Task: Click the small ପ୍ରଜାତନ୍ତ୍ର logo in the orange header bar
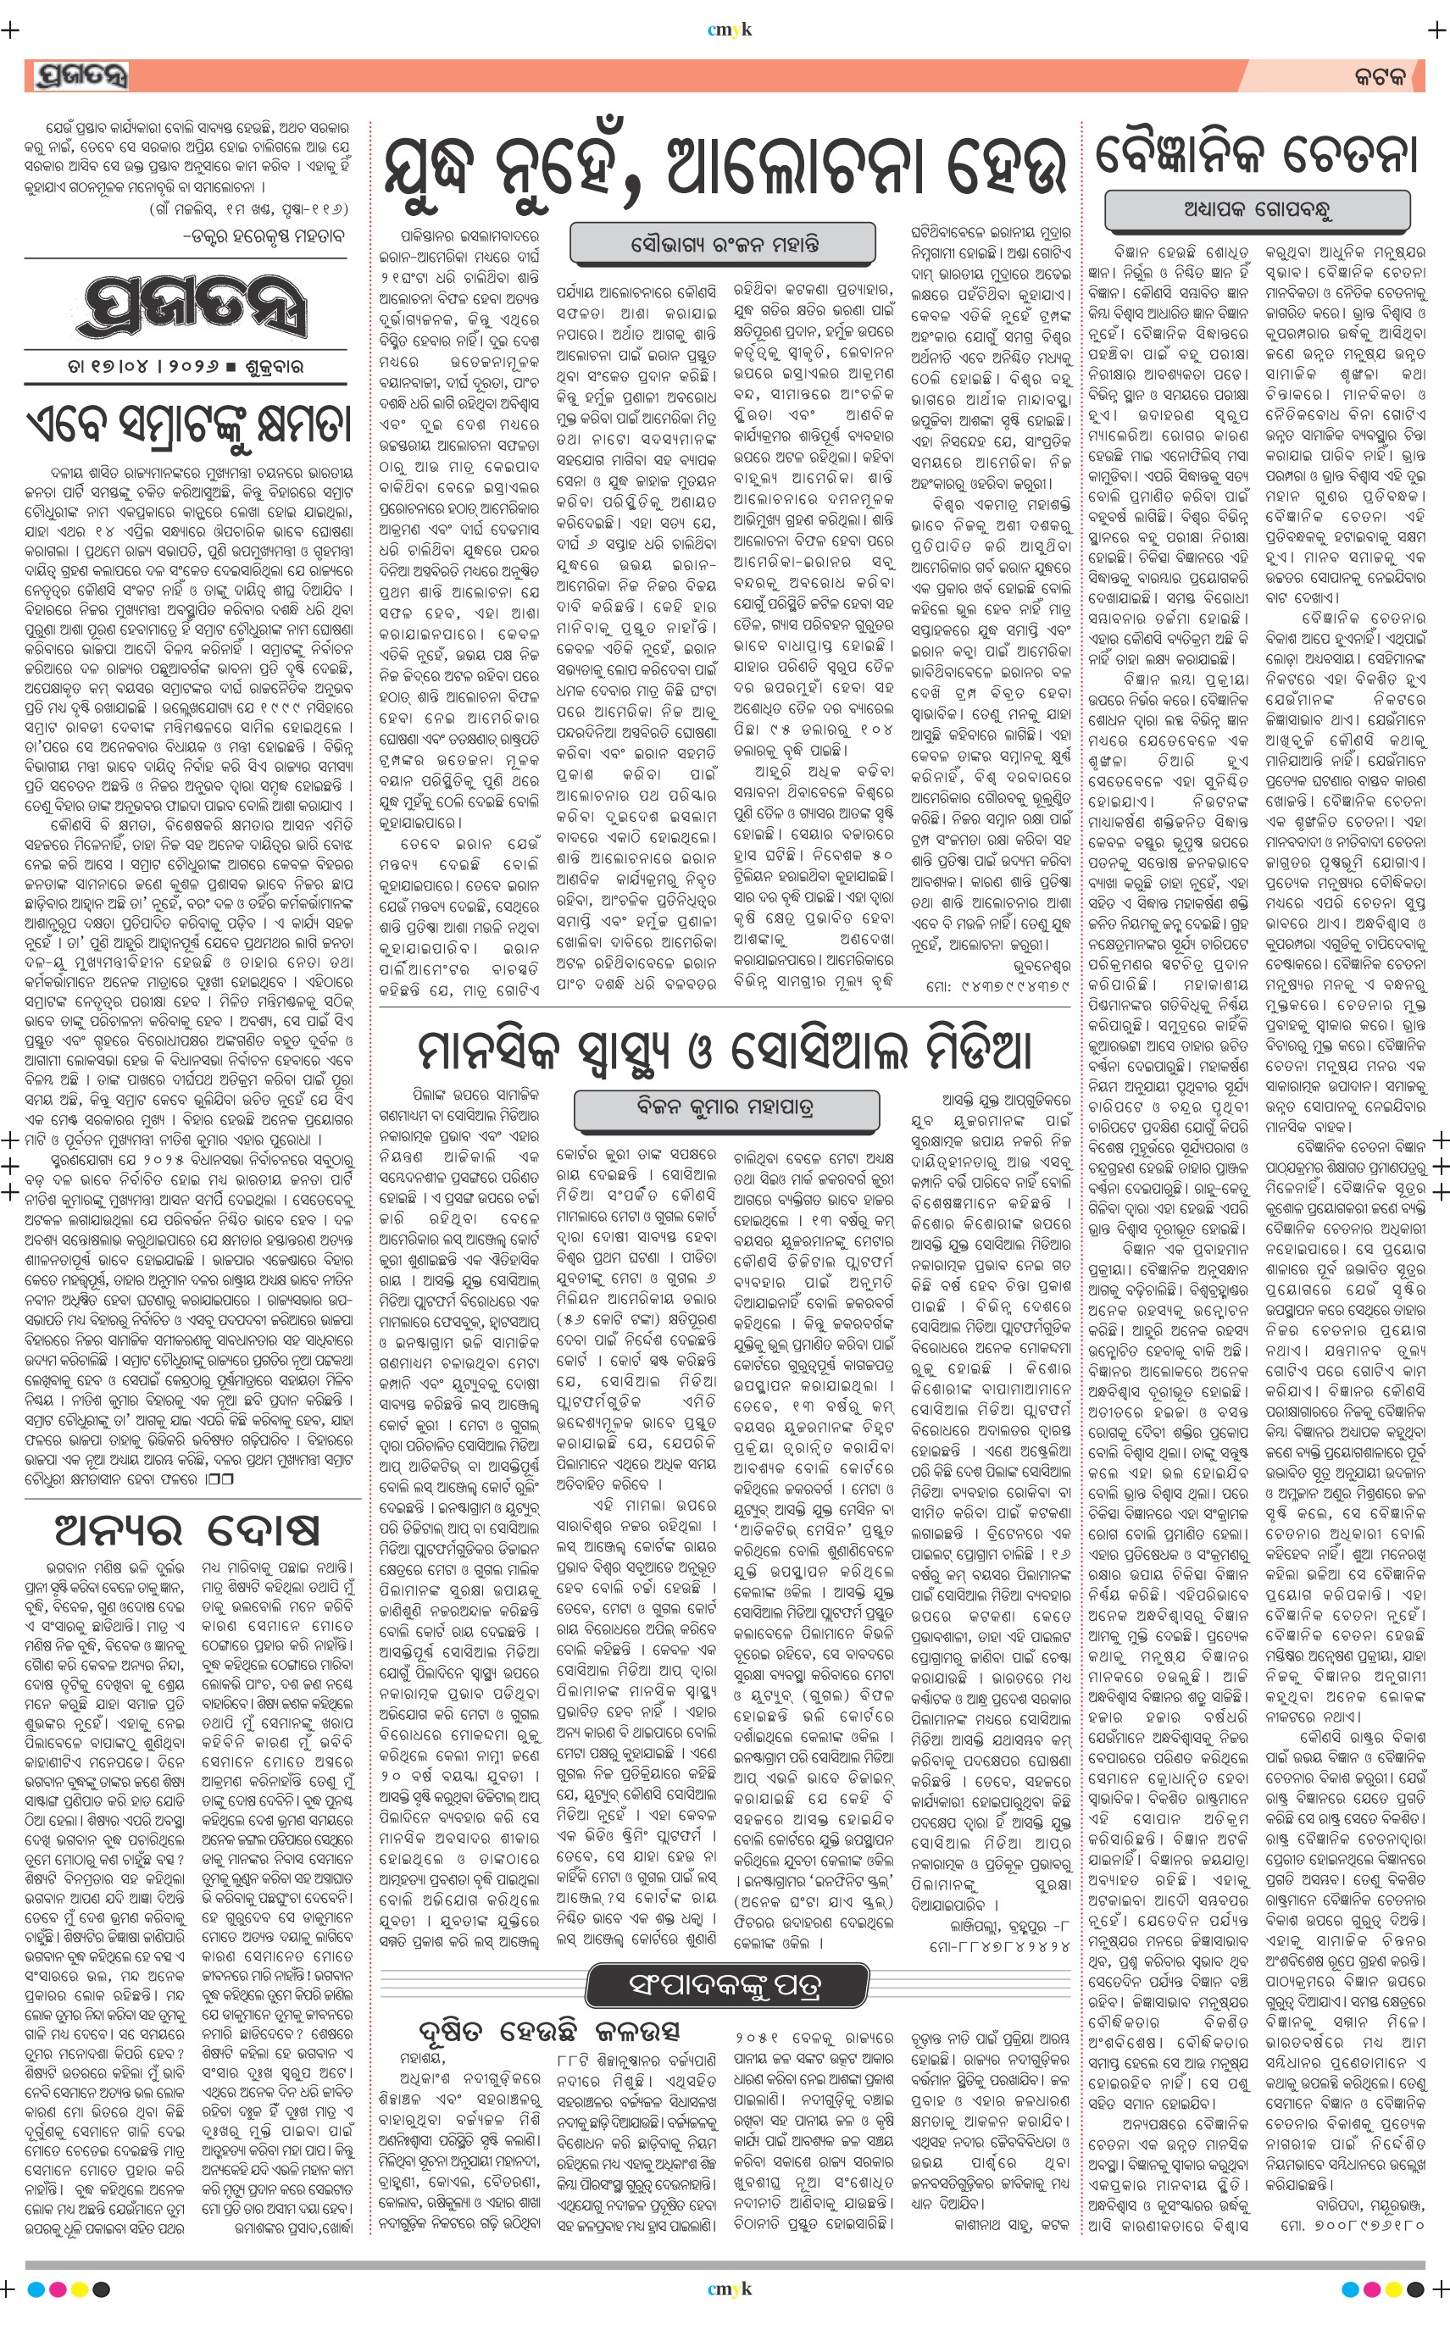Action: [80, 75]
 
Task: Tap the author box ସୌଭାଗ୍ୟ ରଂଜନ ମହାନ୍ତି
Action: [724, 243]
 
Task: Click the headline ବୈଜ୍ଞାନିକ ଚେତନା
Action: [1256, 153]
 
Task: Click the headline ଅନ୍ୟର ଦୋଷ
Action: [188, 1530]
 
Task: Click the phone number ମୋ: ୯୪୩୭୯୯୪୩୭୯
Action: [997, 985]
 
